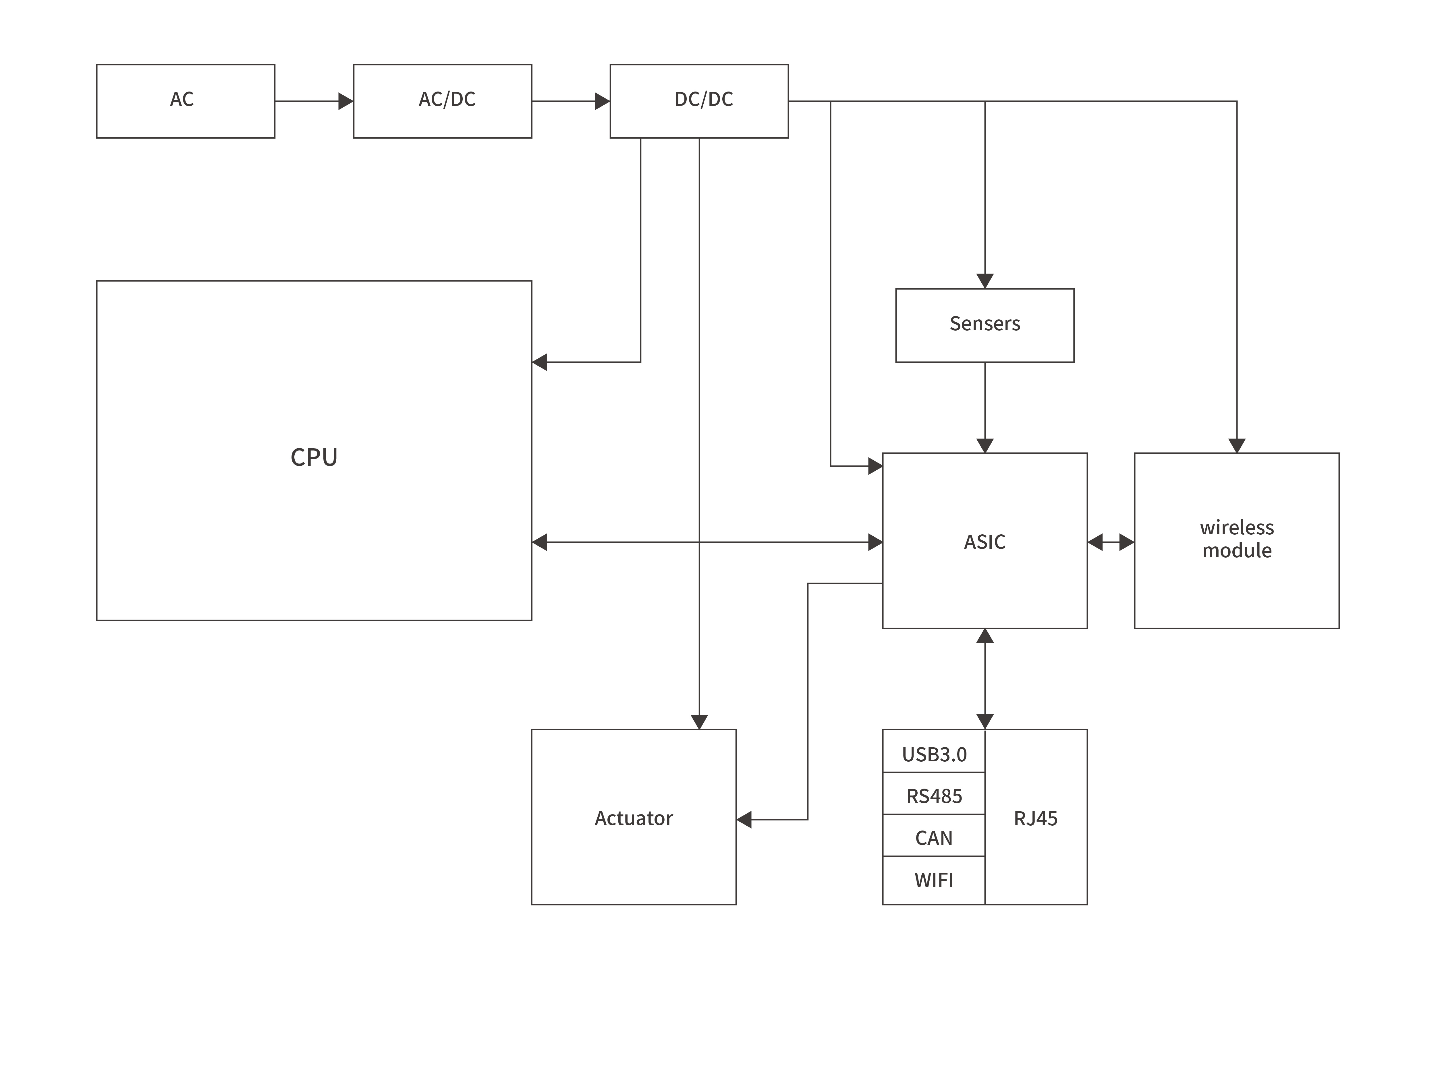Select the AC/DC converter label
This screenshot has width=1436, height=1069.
pyautogui.click(x=447, y=100)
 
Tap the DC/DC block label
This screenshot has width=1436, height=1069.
pyautogui.click(x=704, y=100)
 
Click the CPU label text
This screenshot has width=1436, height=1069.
pyautogui.click(x=314, y=457)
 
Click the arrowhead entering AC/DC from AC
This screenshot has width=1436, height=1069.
pyautogui.click(x=346, y=102)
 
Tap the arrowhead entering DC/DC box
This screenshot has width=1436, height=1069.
pyautogui.click(x=602, y=102)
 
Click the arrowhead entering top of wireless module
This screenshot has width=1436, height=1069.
pyautogui.click(x=1237, y=446)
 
